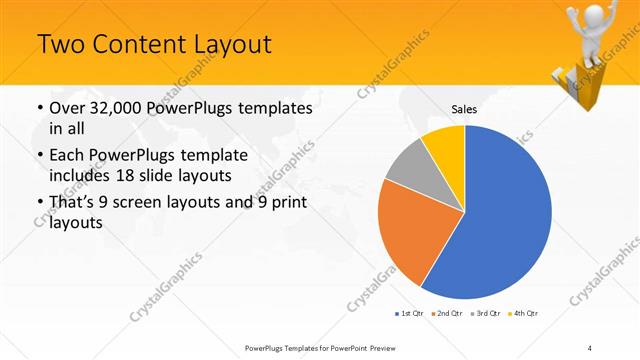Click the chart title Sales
tap(463, 108)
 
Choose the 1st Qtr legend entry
tap(408, 314)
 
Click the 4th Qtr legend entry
tap(524, 314)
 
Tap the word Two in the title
tap(58, 45)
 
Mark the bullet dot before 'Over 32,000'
tap(39, 108)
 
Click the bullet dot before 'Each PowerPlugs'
tap(39, 157)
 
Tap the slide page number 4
tap(590, 347)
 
